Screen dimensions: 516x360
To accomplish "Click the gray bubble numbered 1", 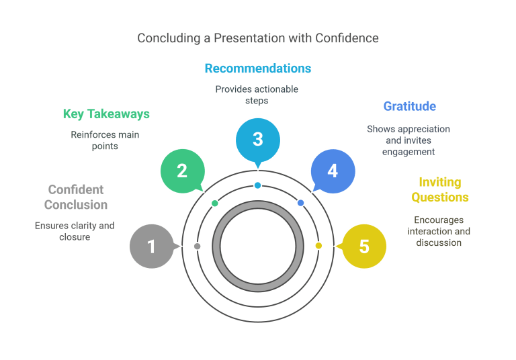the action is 152,246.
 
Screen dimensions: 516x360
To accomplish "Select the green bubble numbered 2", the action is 183,171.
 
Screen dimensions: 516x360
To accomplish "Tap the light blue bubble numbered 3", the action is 258,140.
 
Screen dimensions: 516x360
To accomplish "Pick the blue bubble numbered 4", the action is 333,171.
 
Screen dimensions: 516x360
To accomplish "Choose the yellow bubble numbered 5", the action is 364,246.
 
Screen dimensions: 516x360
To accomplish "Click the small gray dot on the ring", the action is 197,246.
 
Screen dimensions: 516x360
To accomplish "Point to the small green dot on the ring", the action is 214,204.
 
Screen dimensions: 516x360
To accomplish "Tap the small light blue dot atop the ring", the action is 258,185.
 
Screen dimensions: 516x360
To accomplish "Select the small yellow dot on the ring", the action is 318,245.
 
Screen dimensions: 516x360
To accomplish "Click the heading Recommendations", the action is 258,69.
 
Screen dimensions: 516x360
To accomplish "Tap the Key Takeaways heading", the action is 106,114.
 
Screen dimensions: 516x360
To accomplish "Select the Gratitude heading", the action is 410,106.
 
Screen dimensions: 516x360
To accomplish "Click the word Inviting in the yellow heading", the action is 440,182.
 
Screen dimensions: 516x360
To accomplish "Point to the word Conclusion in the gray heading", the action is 76,205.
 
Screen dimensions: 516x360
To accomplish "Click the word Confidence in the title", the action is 347,38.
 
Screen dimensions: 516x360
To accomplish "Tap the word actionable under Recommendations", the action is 275,89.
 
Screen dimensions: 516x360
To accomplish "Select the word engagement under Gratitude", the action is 408,152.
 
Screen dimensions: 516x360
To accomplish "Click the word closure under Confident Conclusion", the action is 75,237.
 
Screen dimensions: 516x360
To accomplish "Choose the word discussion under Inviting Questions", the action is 439,242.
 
